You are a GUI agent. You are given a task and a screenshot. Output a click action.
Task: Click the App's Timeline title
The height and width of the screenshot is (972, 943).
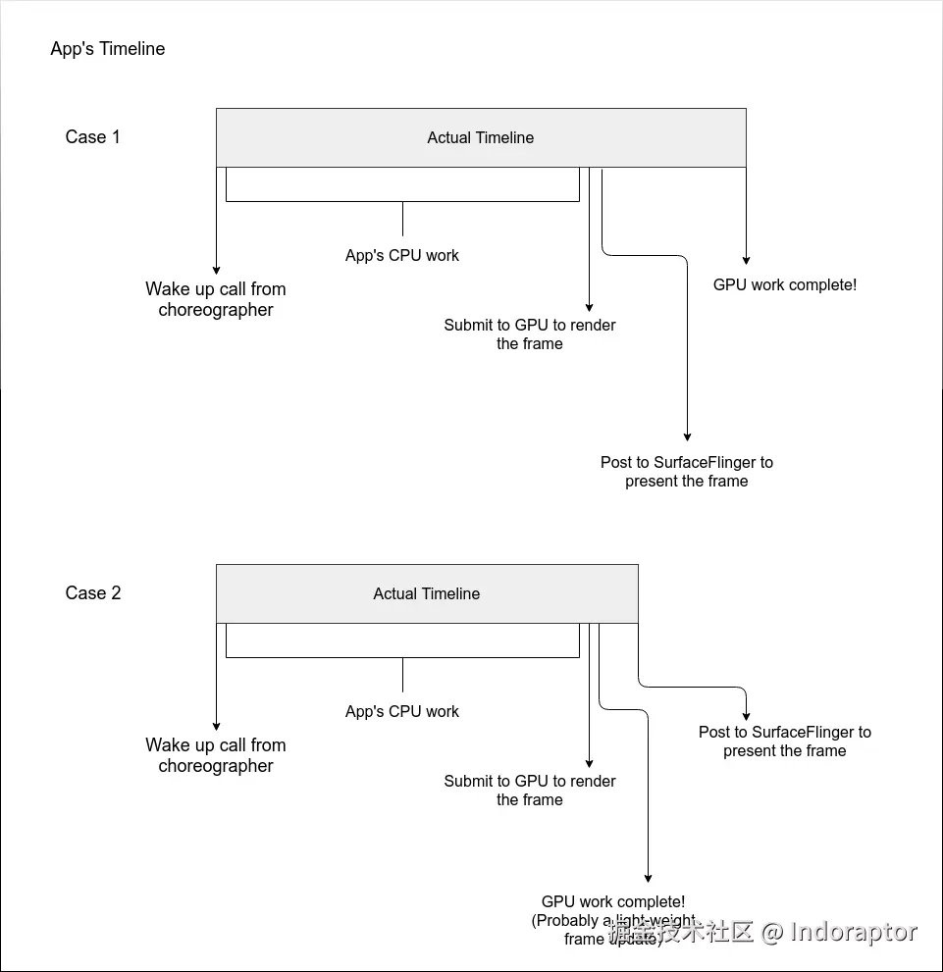[108, 49]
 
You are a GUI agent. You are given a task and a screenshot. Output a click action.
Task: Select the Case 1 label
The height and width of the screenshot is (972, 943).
[92, 137]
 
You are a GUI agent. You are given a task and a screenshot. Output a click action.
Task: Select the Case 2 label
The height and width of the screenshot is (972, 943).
[93, 593]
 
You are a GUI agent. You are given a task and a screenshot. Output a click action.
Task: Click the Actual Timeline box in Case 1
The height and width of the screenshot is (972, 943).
[481, 138]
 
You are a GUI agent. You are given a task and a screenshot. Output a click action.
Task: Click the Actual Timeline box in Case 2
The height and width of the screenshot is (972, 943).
[427, 593]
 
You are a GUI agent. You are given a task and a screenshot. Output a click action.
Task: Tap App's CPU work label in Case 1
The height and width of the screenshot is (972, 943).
[402, 256]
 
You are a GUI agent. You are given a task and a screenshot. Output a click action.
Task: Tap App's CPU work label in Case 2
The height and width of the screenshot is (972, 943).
[402, 712]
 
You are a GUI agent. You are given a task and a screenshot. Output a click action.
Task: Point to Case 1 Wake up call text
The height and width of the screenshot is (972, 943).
[216, 299]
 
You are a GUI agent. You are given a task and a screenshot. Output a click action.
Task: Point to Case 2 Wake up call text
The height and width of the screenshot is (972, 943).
[216, 755]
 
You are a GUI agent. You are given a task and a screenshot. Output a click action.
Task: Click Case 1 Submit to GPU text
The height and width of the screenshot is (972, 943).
[530, 334]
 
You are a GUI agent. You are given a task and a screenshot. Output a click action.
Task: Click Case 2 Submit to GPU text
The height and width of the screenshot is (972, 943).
[530, 791]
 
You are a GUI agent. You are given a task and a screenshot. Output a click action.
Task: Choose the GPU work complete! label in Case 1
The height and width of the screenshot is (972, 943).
[785, 285]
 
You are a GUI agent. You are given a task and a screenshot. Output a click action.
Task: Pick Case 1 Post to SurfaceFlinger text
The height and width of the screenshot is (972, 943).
[687, 472]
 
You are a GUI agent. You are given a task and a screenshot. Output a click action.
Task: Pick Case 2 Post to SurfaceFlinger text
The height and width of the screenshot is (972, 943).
[785, 742]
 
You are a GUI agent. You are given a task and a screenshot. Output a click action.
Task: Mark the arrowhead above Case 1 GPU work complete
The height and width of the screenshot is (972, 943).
[747, 260]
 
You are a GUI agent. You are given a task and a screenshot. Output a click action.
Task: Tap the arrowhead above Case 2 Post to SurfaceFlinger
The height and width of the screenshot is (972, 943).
[747, 716]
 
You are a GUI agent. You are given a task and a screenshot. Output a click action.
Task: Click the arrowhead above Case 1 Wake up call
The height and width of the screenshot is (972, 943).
[216, 270]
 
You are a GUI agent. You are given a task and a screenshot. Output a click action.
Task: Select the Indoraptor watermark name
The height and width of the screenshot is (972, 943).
[854, 932]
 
